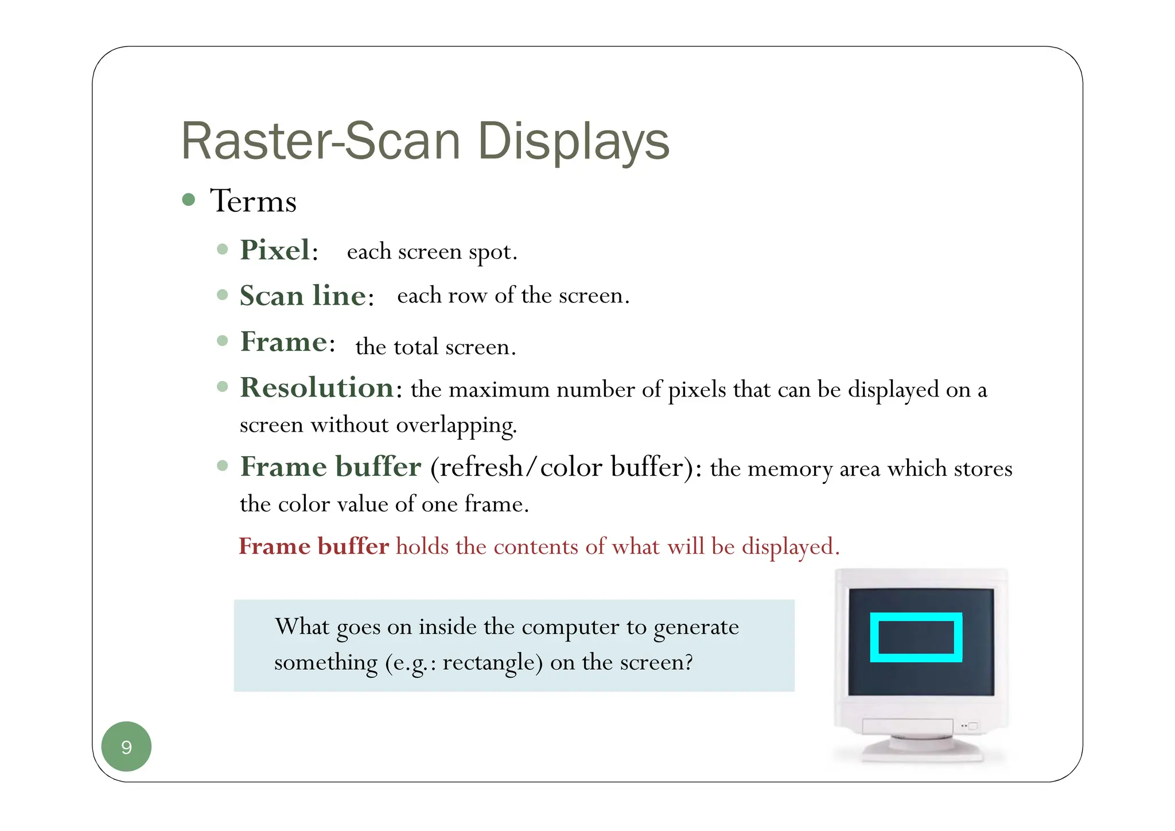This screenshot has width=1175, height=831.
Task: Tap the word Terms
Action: (253, 201)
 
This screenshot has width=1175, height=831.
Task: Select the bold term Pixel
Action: (276, 250)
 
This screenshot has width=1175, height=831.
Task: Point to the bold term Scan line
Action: (304, 296)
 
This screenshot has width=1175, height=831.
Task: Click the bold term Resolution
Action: (317, 387)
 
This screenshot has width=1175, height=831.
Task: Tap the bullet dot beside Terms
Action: (189, 200)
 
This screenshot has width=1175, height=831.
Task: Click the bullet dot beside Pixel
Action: (223, 249)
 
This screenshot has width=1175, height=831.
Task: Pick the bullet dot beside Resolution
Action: (223, 386)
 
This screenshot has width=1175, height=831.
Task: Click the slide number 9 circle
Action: (126, 746)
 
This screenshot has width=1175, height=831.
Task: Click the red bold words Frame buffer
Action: (314, 546)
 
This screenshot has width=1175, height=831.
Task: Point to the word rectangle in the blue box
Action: (492, 662)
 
